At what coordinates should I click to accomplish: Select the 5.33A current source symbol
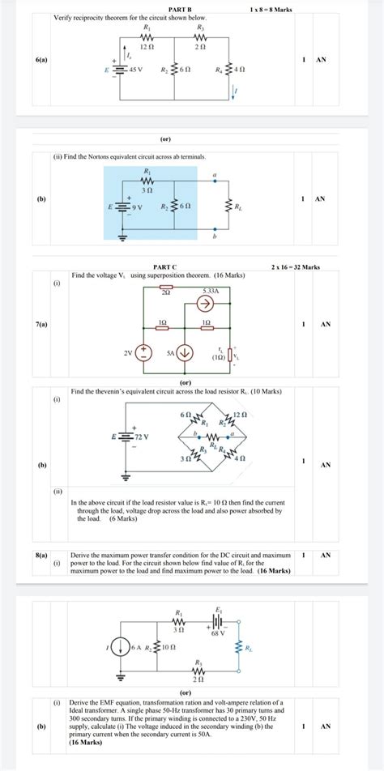pyautogui.click(x=205, y=304)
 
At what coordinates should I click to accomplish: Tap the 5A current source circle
pyautogui.click(x=185, y=352)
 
